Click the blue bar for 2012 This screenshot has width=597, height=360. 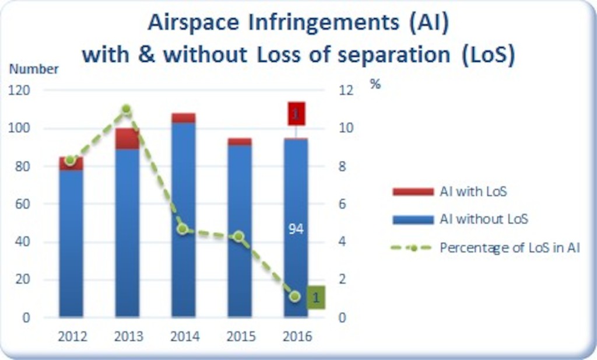71,243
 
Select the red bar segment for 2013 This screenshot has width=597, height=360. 128,139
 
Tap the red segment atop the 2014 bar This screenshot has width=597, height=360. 184,118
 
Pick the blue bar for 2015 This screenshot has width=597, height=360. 240,231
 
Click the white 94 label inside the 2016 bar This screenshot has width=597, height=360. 296,229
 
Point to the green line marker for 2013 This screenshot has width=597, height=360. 127,109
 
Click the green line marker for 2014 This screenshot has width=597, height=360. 182,229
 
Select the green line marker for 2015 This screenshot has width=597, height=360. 238,236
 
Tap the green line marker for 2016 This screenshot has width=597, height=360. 294,296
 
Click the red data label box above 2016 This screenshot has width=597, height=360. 297,114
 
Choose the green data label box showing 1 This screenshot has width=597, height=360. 316,297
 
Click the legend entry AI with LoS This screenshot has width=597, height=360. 449,191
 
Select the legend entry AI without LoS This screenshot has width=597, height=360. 461,219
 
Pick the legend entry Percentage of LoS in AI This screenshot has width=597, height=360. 486,247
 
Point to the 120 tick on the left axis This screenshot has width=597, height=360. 19,90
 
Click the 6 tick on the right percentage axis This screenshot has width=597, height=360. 342,204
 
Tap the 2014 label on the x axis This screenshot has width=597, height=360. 185,337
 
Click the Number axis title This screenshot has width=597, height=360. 34,69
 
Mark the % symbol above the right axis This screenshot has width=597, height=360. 375,84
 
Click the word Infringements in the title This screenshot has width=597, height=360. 324,23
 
